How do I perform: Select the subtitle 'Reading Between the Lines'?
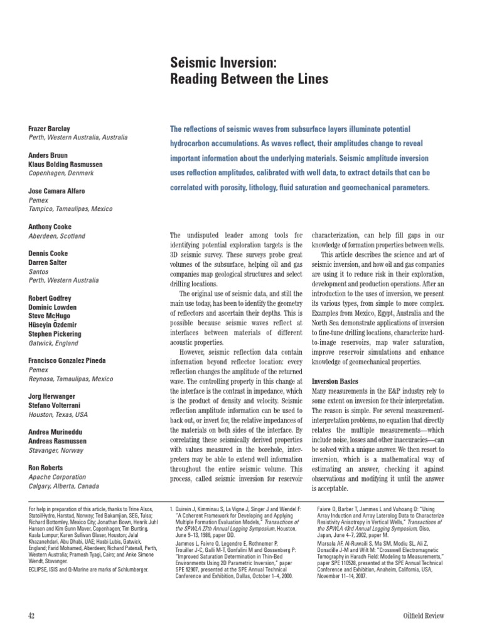(250, 79)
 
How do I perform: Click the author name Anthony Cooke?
(50, 227)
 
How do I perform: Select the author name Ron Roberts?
(46, 468)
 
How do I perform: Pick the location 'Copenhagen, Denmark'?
(61, 173)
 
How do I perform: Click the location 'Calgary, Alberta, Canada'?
(64, 486)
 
